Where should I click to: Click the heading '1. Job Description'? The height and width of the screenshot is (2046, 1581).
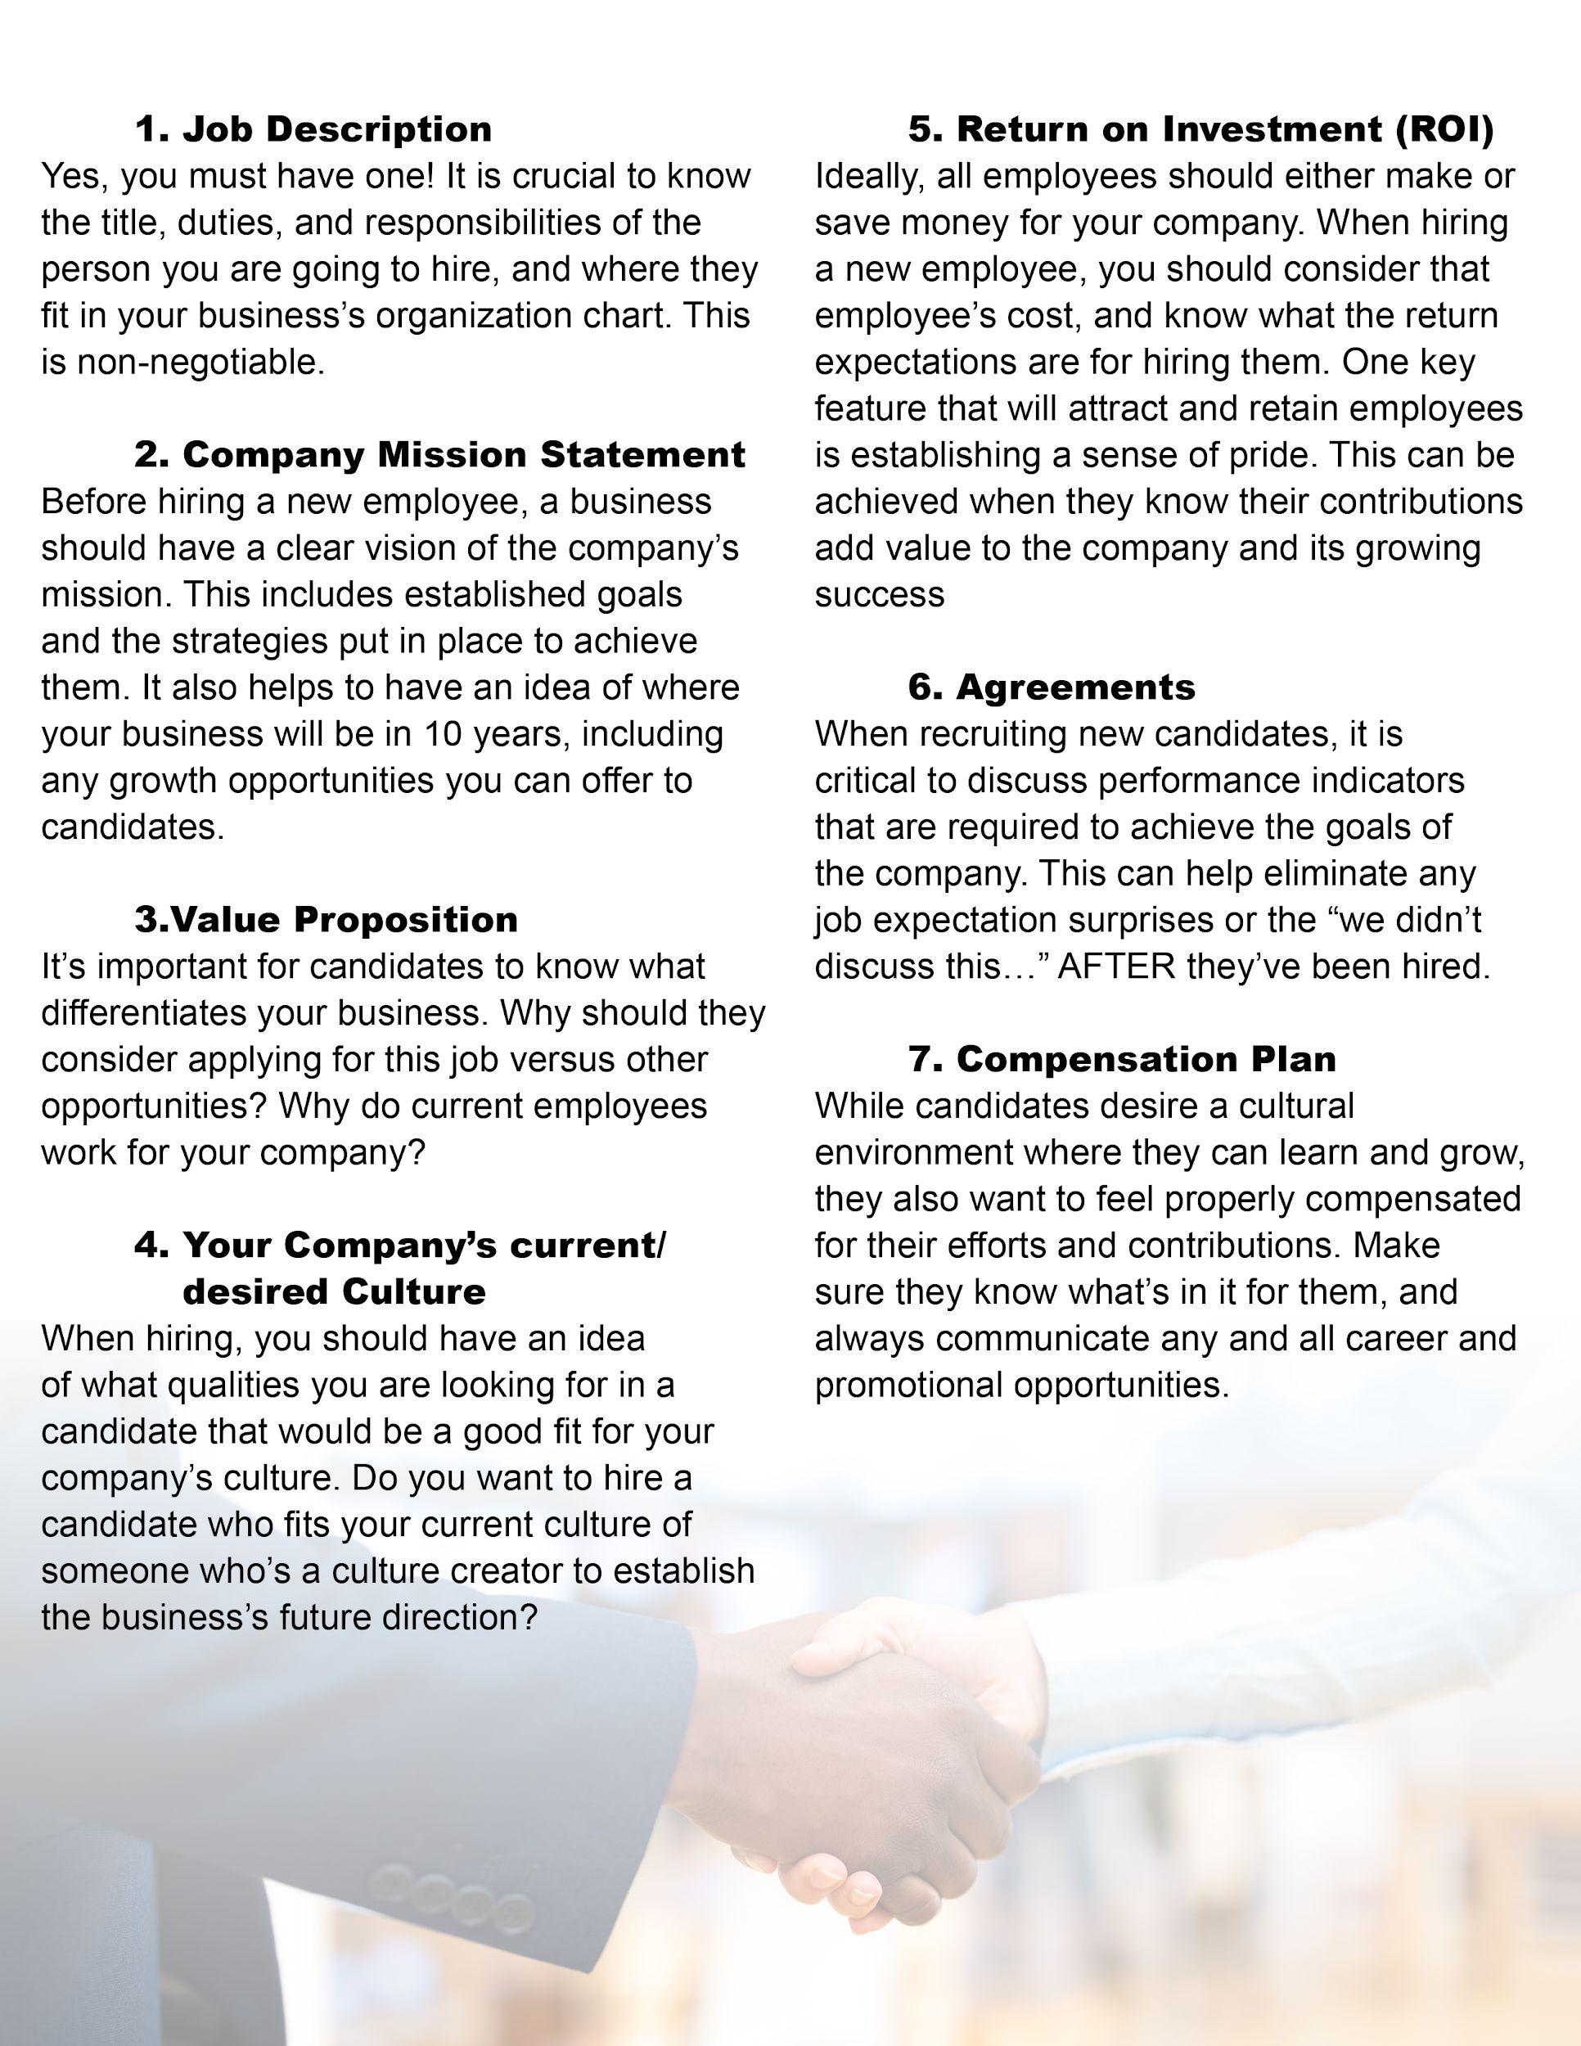point(313,129)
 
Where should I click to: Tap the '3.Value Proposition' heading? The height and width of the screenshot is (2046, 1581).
point(326,919)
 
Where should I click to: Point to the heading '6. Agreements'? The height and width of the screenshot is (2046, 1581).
point(1051,687)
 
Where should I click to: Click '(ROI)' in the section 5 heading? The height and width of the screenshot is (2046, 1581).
point(1444,129)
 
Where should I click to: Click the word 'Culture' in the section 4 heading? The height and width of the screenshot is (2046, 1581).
point(413,1292)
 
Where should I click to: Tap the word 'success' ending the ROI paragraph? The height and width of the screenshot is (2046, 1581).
point(879,595)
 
